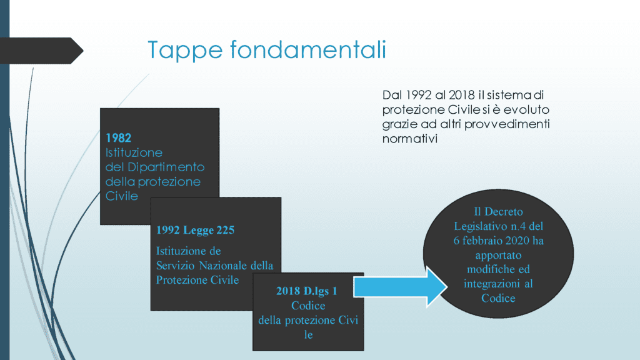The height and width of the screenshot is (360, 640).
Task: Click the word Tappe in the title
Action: (x=185, y=51)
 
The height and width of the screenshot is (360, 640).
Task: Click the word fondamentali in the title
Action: (x=308, y=49)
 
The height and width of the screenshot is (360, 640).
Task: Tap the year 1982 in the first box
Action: (x=118, y=138)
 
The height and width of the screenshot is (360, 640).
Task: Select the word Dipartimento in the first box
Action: (x=166, y=167)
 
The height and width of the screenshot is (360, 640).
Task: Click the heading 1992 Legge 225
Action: (x=196, y=230)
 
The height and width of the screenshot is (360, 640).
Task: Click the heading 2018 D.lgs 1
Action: (x=307, y=291)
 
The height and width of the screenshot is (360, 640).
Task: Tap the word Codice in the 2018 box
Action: (x=308, y=306)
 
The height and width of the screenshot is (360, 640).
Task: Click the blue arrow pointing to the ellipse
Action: (x=401, y=286)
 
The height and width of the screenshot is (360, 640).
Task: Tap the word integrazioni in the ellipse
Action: (x=492, y=284)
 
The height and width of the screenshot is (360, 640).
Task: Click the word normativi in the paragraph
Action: (x=410, y=139)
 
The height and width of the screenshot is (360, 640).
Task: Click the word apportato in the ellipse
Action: (x=498, y=256)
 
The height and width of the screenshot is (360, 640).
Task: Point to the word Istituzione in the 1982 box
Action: (x=134, y=152)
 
